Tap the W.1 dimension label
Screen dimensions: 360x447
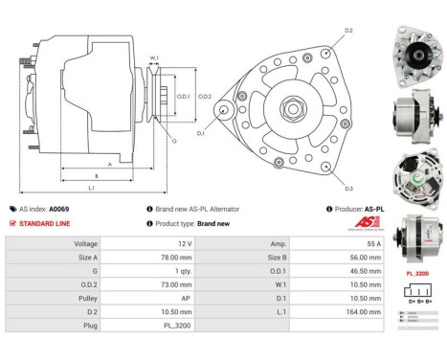(x=153, y=59)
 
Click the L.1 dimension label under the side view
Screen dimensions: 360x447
(x=91, y=188)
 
